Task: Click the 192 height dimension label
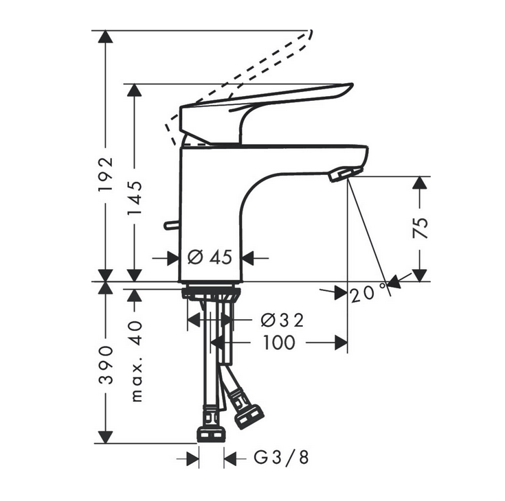coord(106,174)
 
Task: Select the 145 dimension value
coord(134,198)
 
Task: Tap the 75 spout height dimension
coord(420,228)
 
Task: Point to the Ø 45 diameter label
coord(210,257)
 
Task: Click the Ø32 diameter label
coord(282,321)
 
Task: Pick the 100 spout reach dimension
coord(279,342)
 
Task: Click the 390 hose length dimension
coord(106,365)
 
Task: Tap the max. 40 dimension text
coord(137,362)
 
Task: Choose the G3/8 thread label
coord(281,457)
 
